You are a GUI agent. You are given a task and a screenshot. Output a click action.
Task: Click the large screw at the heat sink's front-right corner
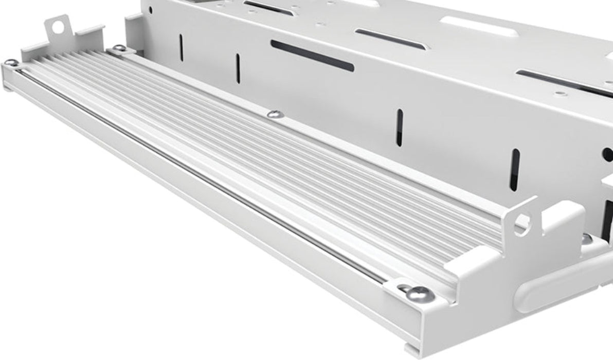tap(419, 294)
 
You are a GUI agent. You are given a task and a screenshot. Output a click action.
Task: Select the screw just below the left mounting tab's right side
tap(119, 48)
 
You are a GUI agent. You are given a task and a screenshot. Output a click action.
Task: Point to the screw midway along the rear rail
tap(275, 114)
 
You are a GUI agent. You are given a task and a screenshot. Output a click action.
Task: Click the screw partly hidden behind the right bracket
tap(587, 239)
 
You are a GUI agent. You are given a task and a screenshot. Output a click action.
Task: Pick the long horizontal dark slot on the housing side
tap(312, 56)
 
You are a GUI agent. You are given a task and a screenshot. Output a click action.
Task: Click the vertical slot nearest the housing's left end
tap(181, 47)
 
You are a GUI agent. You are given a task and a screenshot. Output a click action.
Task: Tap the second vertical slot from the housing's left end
tap(238, 68)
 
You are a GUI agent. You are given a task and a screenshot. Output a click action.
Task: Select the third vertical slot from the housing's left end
tap(399, 128)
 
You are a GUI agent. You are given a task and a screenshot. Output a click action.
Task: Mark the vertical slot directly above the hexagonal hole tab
tap(514, 169)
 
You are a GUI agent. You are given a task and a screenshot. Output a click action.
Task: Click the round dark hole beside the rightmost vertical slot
tap(608, 154)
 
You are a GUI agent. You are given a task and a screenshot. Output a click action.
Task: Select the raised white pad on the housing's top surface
tap(478, 26)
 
